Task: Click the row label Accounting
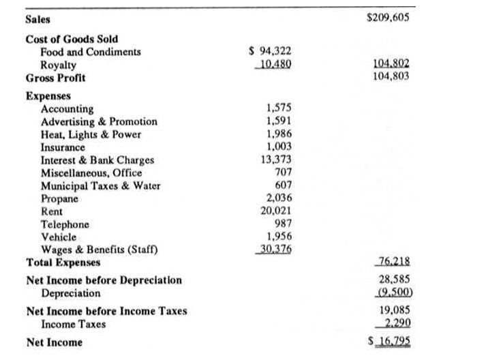point(67,109)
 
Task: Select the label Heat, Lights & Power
point(91,134)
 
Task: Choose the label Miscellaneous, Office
point(91,173)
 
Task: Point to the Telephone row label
point(65,224)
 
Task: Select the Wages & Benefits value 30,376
point(274,250)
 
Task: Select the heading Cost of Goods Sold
point(72,39)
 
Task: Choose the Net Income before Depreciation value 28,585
point(394,280)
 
